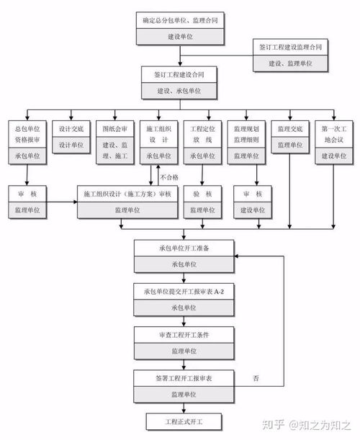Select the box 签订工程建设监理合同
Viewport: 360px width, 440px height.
pos(290,55)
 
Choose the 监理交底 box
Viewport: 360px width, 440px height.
pos(290,136)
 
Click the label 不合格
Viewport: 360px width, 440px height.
pos(169,176)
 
